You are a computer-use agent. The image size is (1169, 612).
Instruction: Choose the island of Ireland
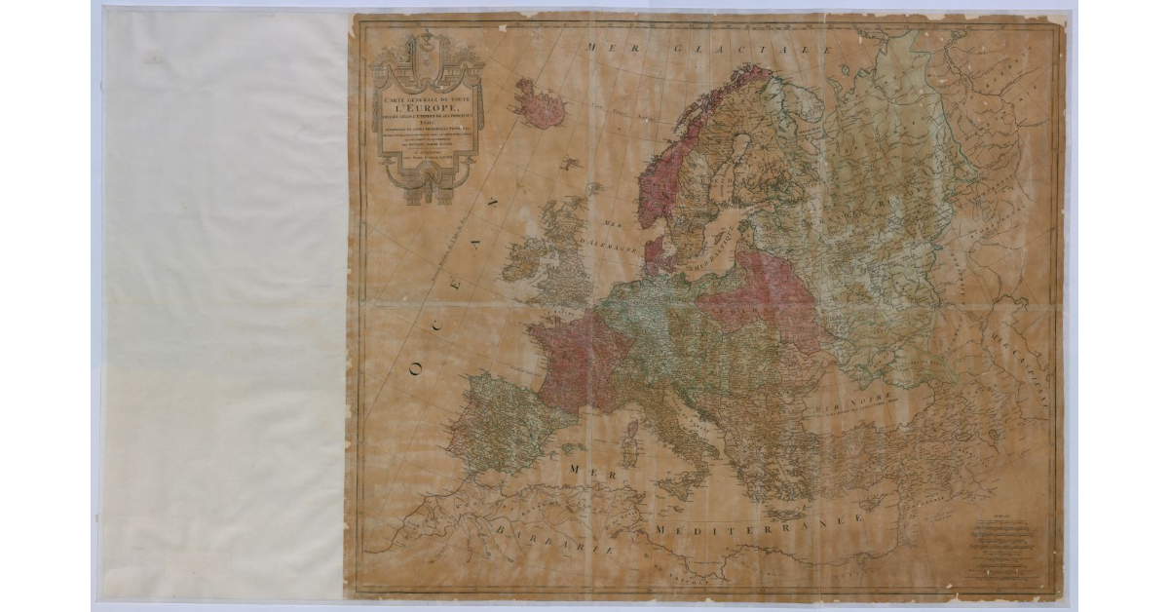point(521,257)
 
